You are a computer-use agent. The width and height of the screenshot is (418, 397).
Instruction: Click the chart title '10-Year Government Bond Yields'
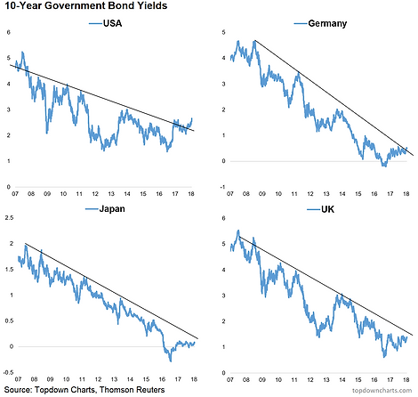click(86, 5)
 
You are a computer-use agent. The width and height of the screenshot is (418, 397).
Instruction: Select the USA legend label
click(112, 23)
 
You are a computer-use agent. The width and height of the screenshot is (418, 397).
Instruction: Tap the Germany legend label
click(327, 23)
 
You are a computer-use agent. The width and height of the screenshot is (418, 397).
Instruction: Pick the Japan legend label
click(112, 209)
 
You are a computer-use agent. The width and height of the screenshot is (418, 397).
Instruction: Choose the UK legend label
click(327, 209)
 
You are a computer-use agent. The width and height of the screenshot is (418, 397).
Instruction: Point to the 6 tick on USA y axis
click(8, 32)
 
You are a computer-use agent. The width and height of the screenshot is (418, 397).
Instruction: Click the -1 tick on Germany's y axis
click(223, 187)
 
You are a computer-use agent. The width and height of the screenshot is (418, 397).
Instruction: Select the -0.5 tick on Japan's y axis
click(9, 372)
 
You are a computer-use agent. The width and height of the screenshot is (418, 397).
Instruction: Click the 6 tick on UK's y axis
click(223, 218)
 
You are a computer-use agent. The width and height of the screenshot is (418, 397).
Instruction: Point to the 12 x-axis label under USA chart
click(95, 194)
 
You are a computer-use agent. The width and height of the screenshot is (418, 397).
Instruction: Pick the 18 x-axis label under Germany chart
click(406, 194)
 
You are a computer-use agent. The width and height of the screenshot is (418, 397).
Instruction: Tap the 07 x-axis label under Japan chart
click(18, 379)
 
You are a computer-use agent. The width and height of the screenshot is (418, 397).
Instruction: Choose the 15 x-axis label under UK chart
click(358, 379)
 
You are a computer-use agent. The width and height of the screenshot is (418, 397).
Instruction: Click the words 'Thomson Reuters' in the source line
click(132, 390)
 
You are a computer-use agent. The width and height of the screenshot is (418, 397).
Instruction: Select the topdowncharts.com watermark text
click(382, 391)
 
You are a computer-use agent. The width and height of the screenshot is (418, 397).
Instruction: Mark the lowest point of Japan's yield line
click(171, 361)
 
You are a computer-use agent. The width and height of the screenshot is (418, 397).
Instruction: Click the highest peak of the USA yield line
click(22, 53)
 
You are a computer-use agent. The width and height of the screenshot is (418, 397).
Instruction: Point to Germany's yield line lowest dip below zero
click(385, 166)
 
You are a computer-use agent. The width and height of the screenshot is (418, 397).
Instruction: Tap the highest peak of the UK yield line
click(238, 231)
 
